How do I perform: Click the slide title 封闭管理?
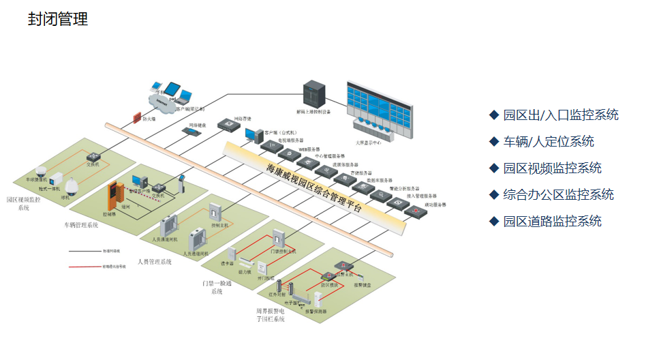(58, 19)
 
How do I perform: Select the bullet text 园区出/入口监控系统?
(560, 115)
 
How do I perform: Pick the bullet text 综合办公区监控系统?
(558, 194)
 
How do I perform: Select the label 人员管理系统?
(155, 261)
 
